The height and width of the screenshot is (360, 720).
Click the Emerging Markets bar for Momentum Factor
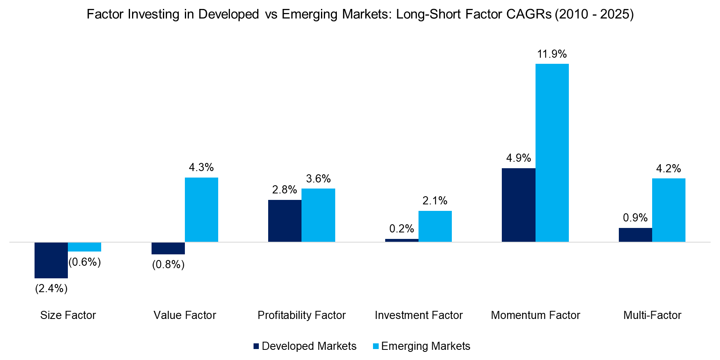click(x=552, y=153)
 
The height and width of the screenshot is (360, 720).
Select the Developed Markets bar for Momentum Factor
click(x=518, y=205)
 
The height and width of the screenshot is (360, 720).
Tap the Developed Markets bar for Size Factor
click(x=51, y=260)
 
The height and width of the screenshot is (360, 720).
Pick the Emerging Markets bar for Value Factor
click(x=202, y=210)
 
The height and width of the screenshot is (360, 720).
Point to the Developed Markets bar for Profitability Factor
click(x=285, y=221)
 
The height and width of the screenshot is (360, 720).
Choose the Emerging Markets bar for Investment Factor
click(x=435, y=226)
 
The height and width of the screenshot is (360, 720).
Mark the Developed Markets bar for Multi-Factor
click(x=635, y=235)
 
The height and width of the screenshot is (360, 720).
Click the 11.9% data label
click(x=552, y=54)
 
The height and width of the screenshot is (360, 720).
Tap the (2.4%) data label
click(x=51, y=288)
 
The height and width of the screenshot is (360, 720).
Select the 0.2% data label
click(x=401, y=229)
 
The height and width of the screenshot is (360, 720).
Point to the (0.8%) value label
click(x=168, y=265)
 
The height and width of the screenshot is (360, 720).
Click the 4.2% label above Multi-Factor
click(x=668, y=169)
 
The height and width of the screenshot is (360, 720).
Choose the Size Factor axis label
click(x=68, y=315)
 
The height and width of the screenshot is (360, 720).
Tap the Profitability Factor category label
click(x=301, y=315)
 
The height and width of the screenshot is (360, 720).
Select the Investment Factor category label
click(x=419, y=315)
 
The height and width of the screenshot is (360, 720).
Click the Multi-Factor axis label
click(x=652, y=315)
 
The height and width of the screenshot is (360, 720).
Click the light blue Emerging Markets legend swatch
click(x=376, y=346)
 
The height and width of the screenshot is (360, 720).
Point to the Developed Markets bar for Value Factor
click(x=168, y=248)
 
